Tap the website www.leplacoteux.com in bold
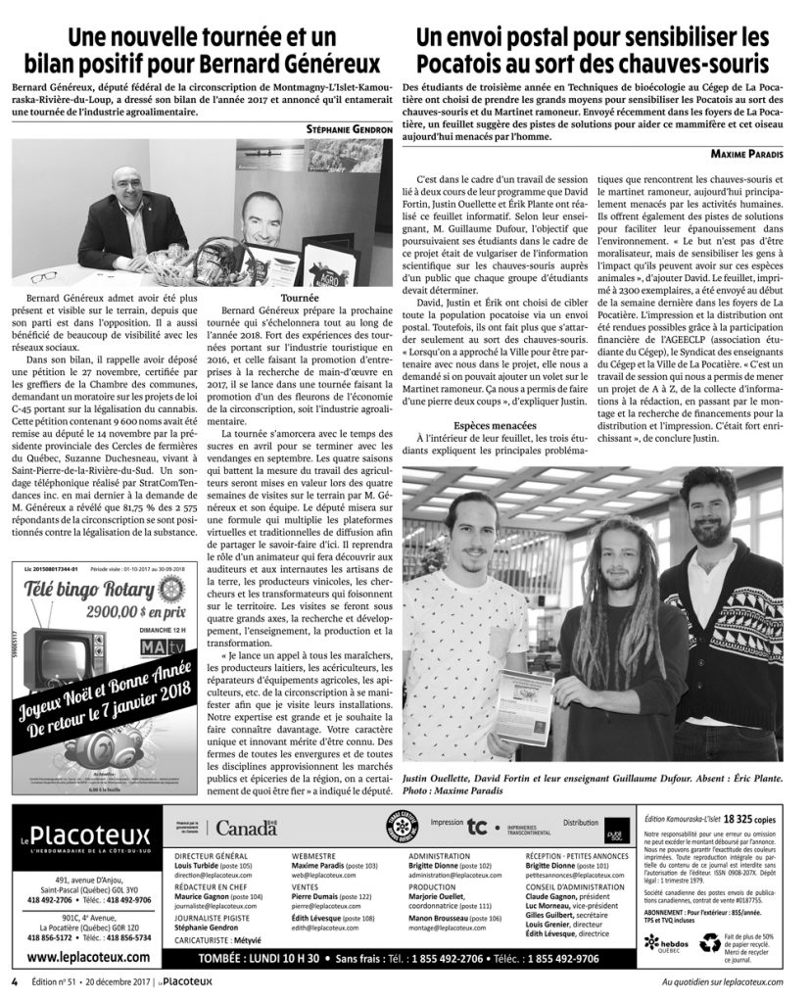(88, 957)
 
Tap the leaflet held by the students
(523, 705)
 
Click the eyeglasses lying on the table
(44, 276)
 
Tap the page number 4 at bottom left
(15, 980)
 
